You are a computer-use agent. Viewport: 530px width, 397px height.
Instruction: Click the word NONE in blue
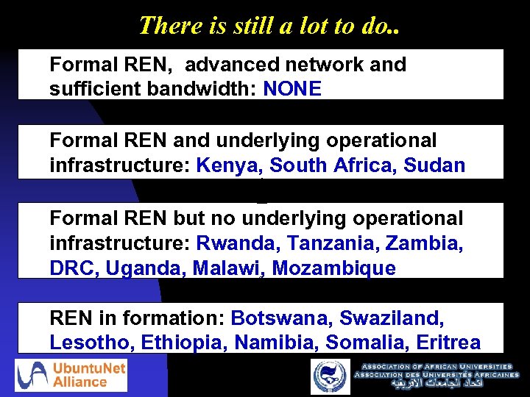(292, 89)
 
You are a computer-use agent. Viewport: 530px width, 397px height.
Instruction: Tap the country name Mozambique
(333, 268)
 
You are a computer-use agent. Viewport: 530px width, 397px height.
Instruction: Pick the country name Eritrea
(448, 343)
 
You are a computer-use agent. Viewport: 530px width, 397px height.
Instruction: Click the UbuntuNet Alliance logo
(71, 375)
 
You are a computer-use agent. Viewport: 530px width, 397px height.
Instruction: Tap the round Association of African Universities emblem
(331, 376)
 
